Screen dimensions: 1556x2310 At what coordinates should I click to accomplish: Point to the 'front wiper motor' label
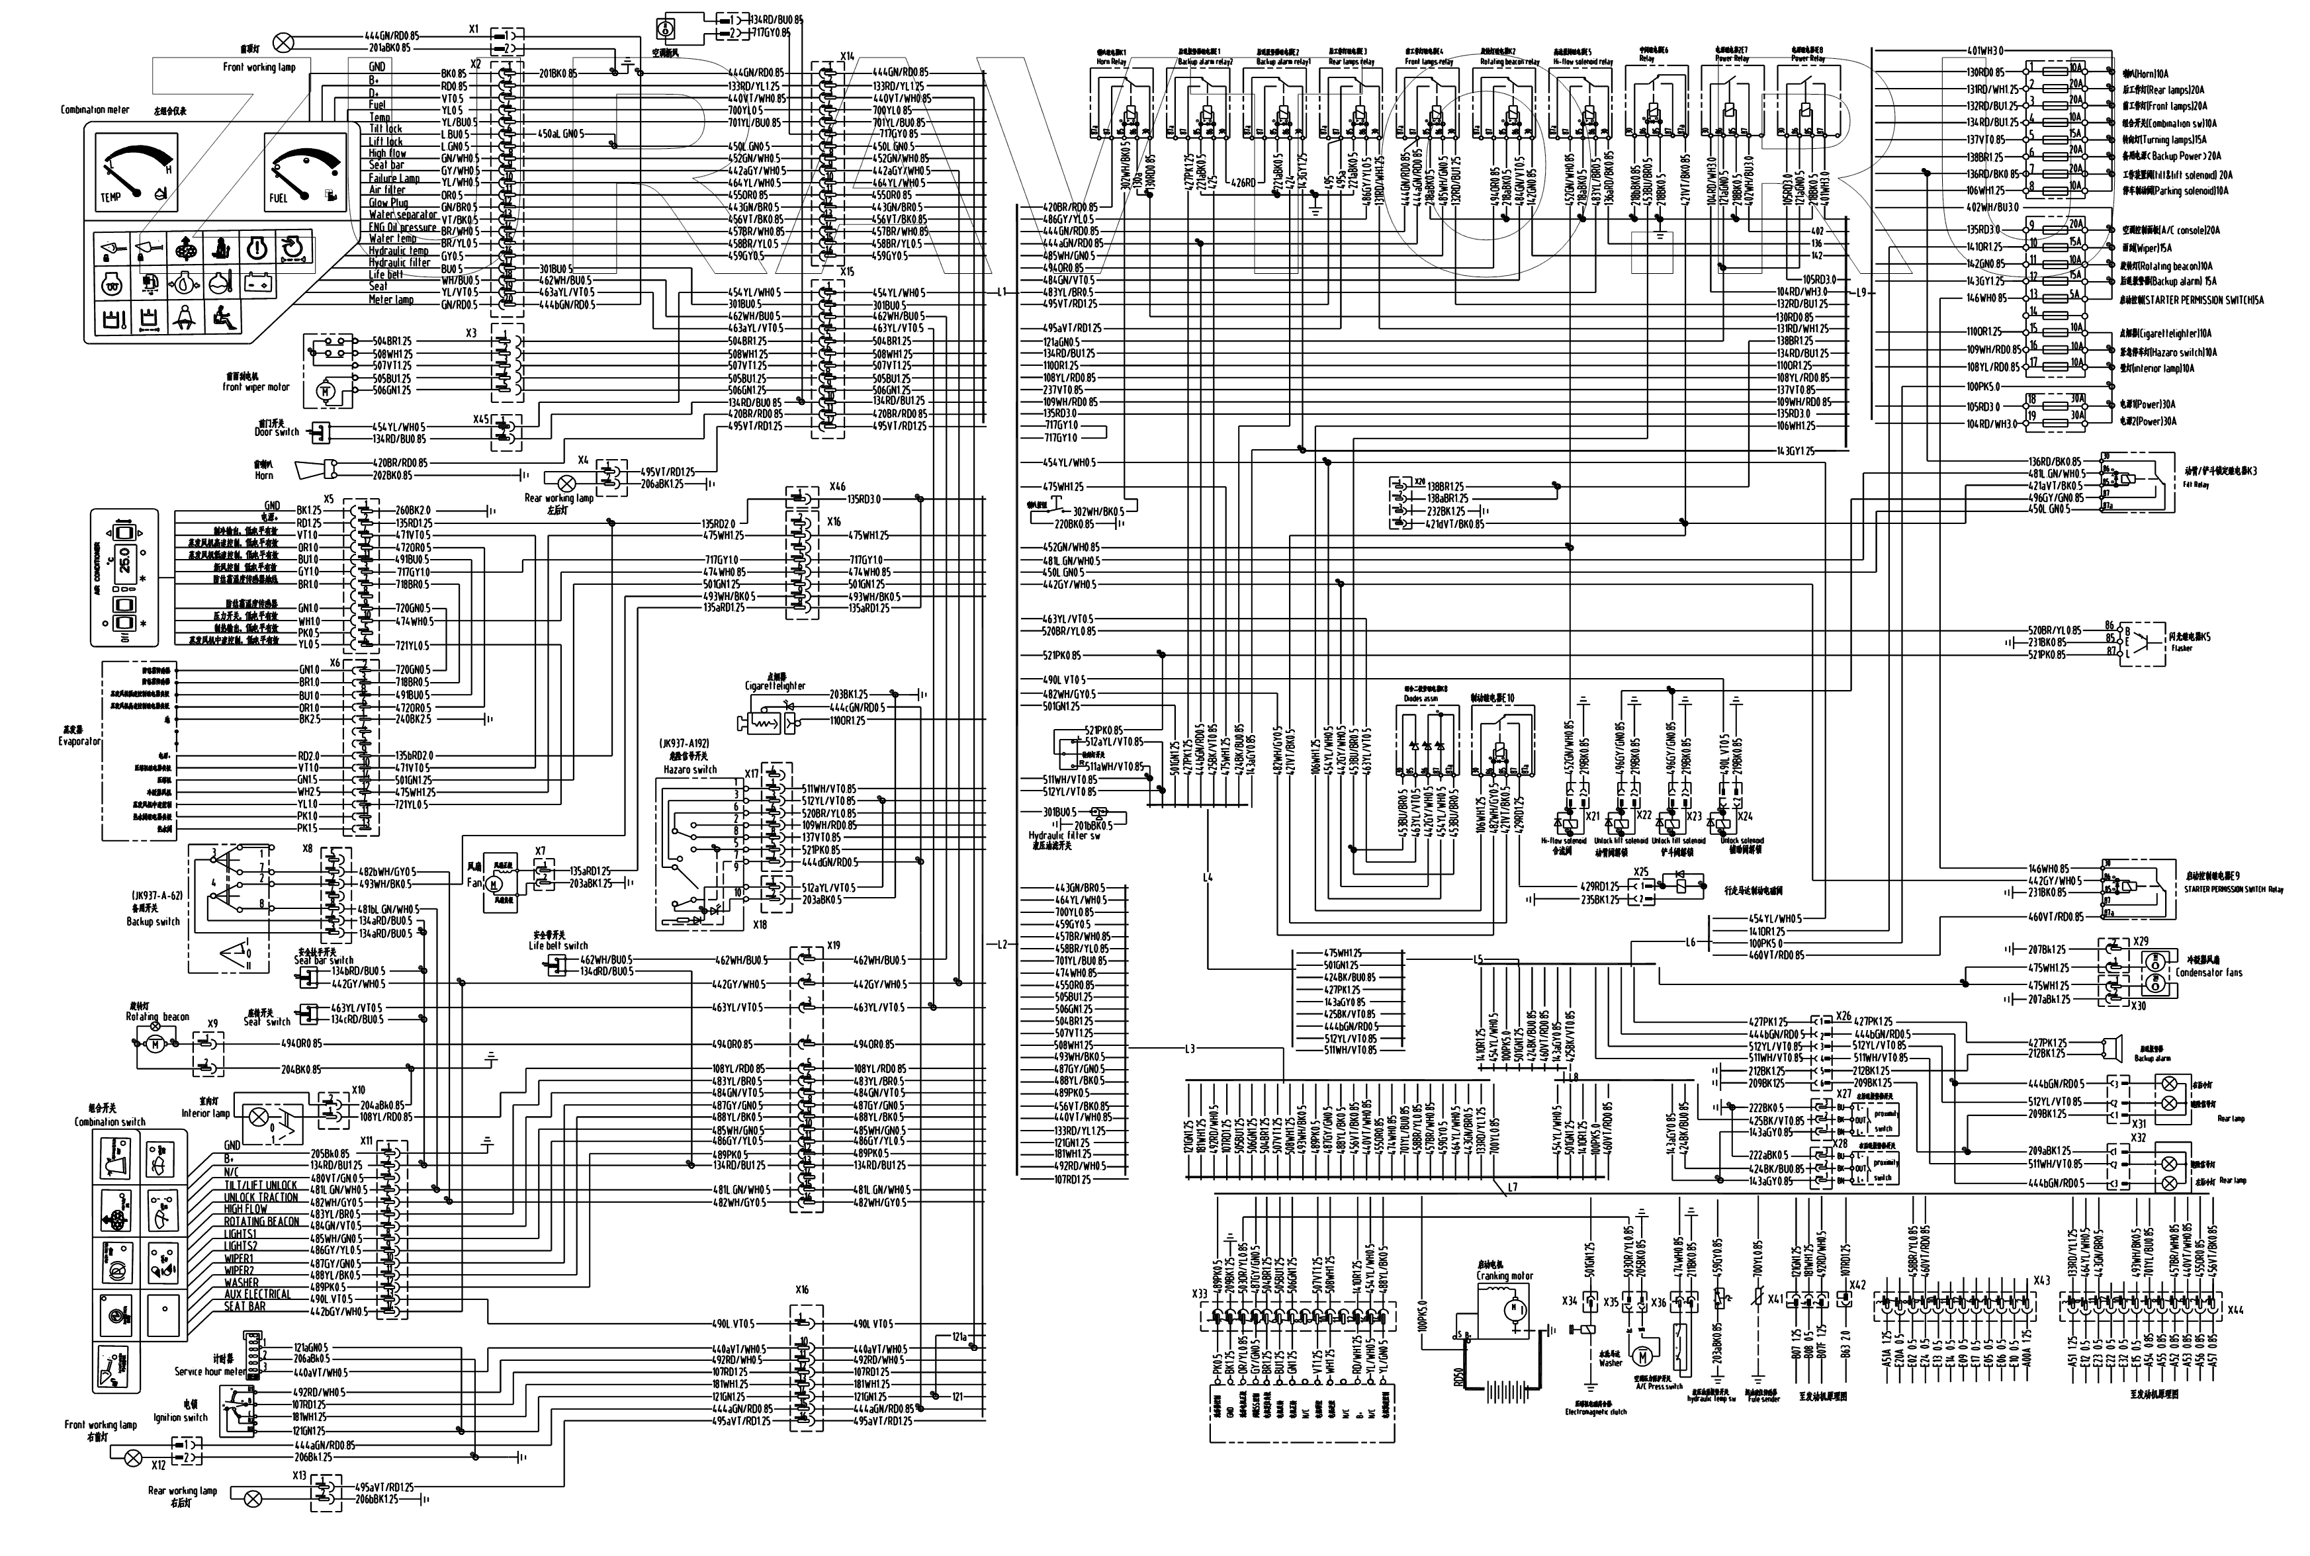(256, 387)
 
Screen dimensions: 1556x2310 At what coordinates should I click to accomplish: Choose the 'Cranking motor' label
(1506, 1276)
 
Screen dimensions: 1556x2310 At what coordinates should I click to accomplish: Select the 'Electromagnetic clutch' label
(1597, 1411)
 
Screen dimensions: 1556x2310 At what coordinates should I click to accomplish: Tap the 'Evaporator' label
(79, 741)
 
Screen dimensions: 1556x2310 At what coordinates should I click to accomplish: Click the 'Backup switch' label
(154, 922)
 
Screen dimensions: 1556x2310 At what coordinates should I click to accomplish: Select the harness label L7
(1512, 1187)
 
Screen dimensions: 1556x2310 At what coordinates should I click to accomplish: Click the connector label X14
(846, 57)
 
